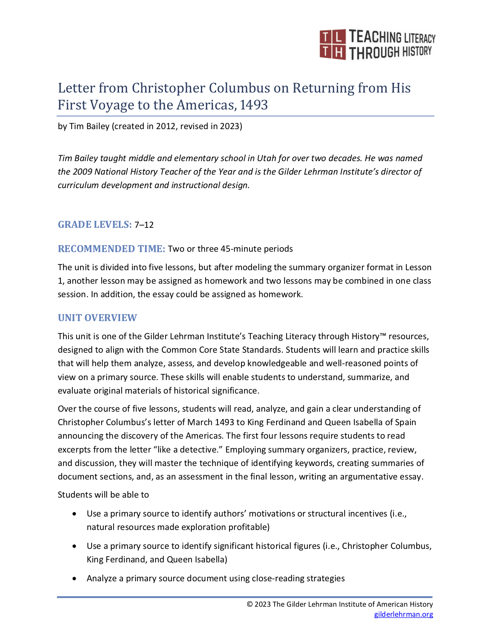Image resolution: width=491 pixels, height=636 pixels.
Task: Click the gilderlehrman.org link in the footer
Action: tap(404, 614)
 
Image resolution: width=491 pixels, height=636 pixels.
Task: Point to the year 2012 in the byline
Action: tap(166, 126)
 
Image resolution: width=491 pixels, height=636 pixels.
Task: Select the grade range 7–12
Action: tap(144, 225)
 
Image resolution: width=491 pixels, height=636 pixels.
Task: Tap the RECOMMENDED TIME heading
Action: tap(111, 249)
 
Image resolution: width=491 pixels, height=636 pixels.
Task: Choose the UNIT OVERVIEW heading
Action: tap(97, 318)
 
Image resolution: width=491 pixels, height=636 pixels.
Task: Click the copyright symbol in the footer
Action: tap(250, 604)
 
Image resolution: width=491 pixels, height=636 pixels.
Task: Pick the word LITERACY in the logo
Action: tap(419, 38)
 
